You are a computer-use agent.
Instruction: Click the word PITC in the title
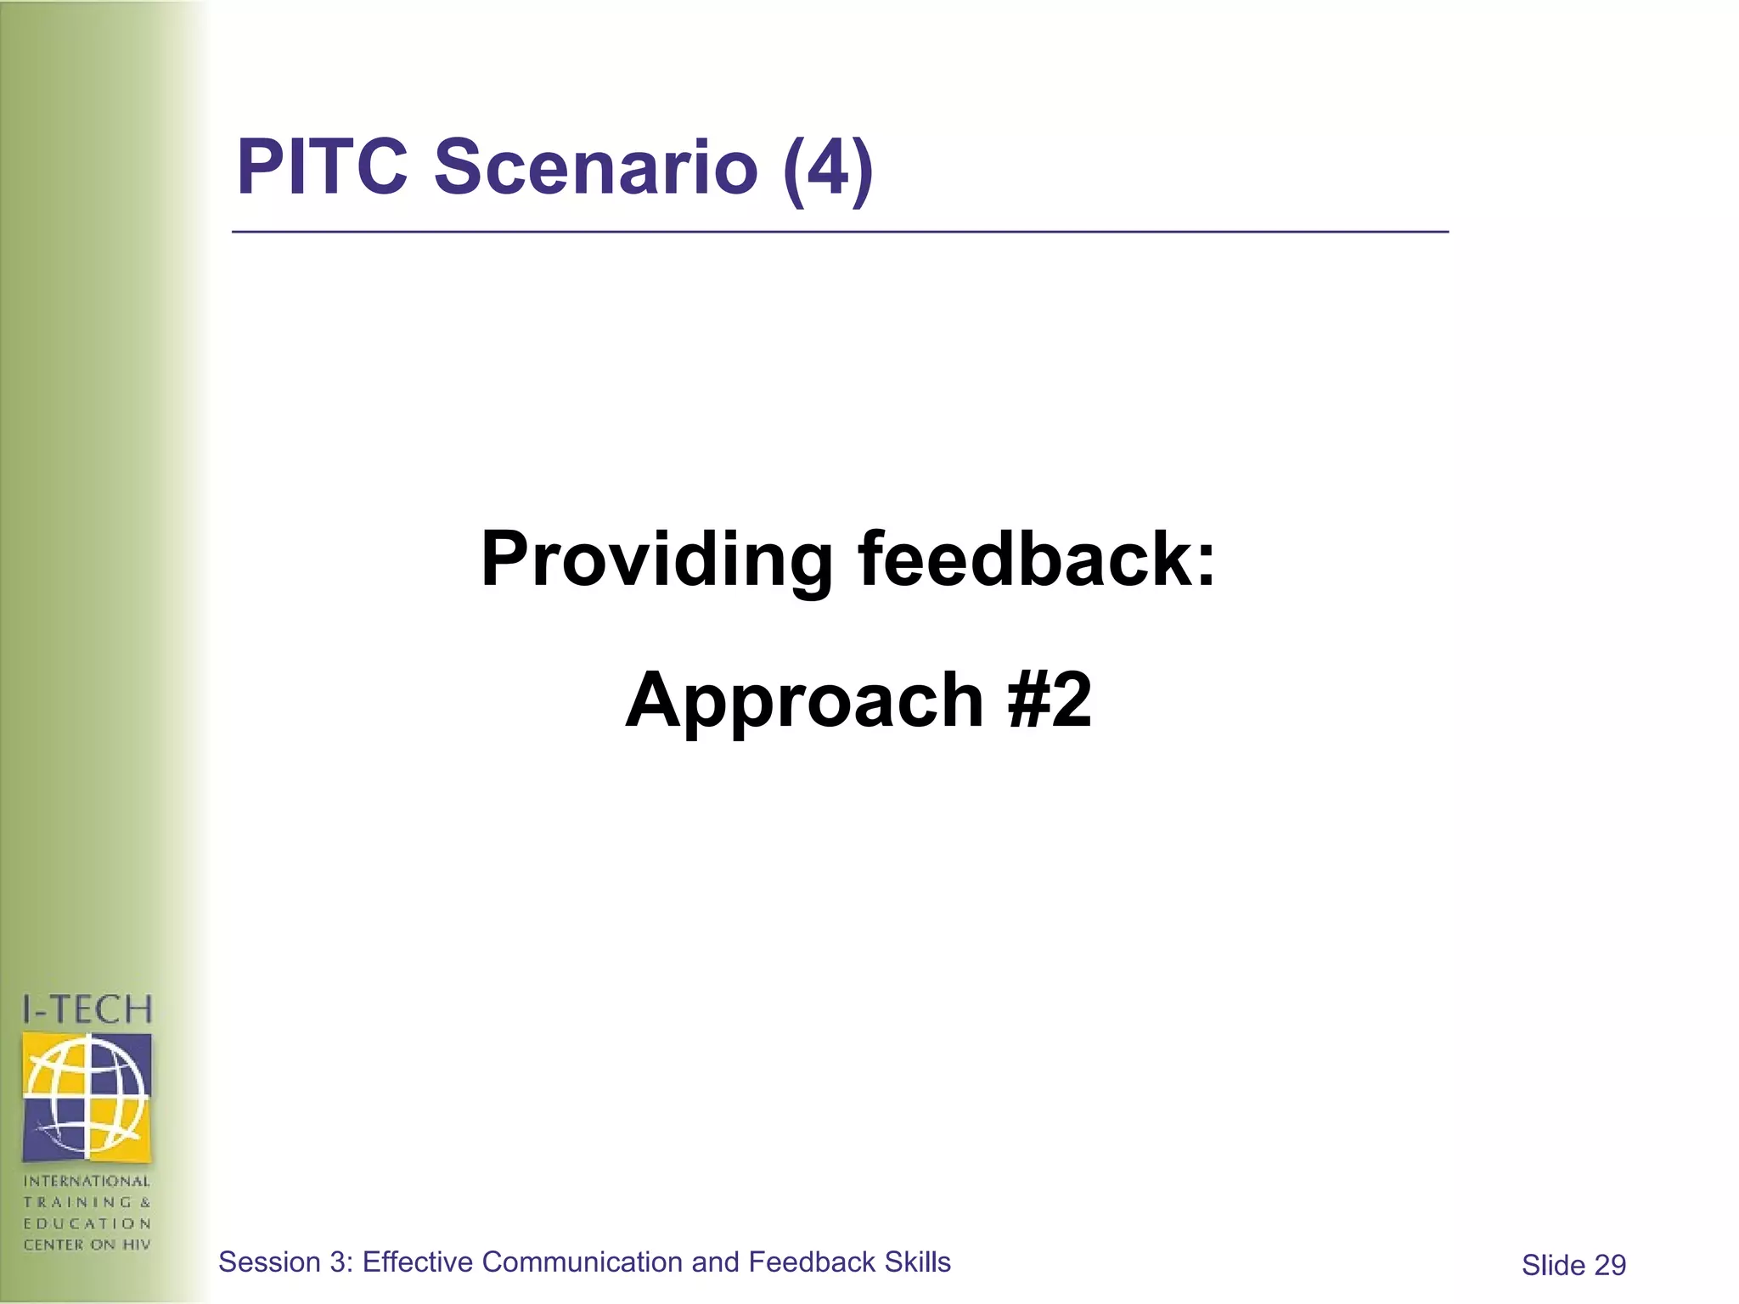tap(322, 166)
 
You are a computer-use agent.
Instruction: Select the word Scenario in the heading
tap(595, 166)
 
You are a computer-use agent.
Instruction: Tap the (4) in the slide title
tap(828, 168)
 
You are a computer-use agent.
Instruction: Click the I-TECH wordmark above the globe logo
tap(87, 1009)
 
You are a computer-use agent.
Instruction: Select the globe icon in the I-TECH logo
tap(87, 1097)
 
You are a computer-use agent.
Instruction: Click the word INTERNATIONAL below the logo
tap(87, 1181)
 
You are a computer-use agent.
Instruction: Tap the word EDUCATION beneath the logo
tap(87, 1223)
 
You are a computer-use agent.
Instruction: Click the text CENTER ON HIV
tap(87, 1245)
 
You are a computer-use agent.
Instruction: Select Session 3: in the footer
tap(286, 1262)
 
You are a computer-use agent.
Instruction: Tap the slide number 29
tap(1610, 1266)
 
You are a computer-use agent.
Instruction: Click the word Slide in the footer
tap(1553, 1266)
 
